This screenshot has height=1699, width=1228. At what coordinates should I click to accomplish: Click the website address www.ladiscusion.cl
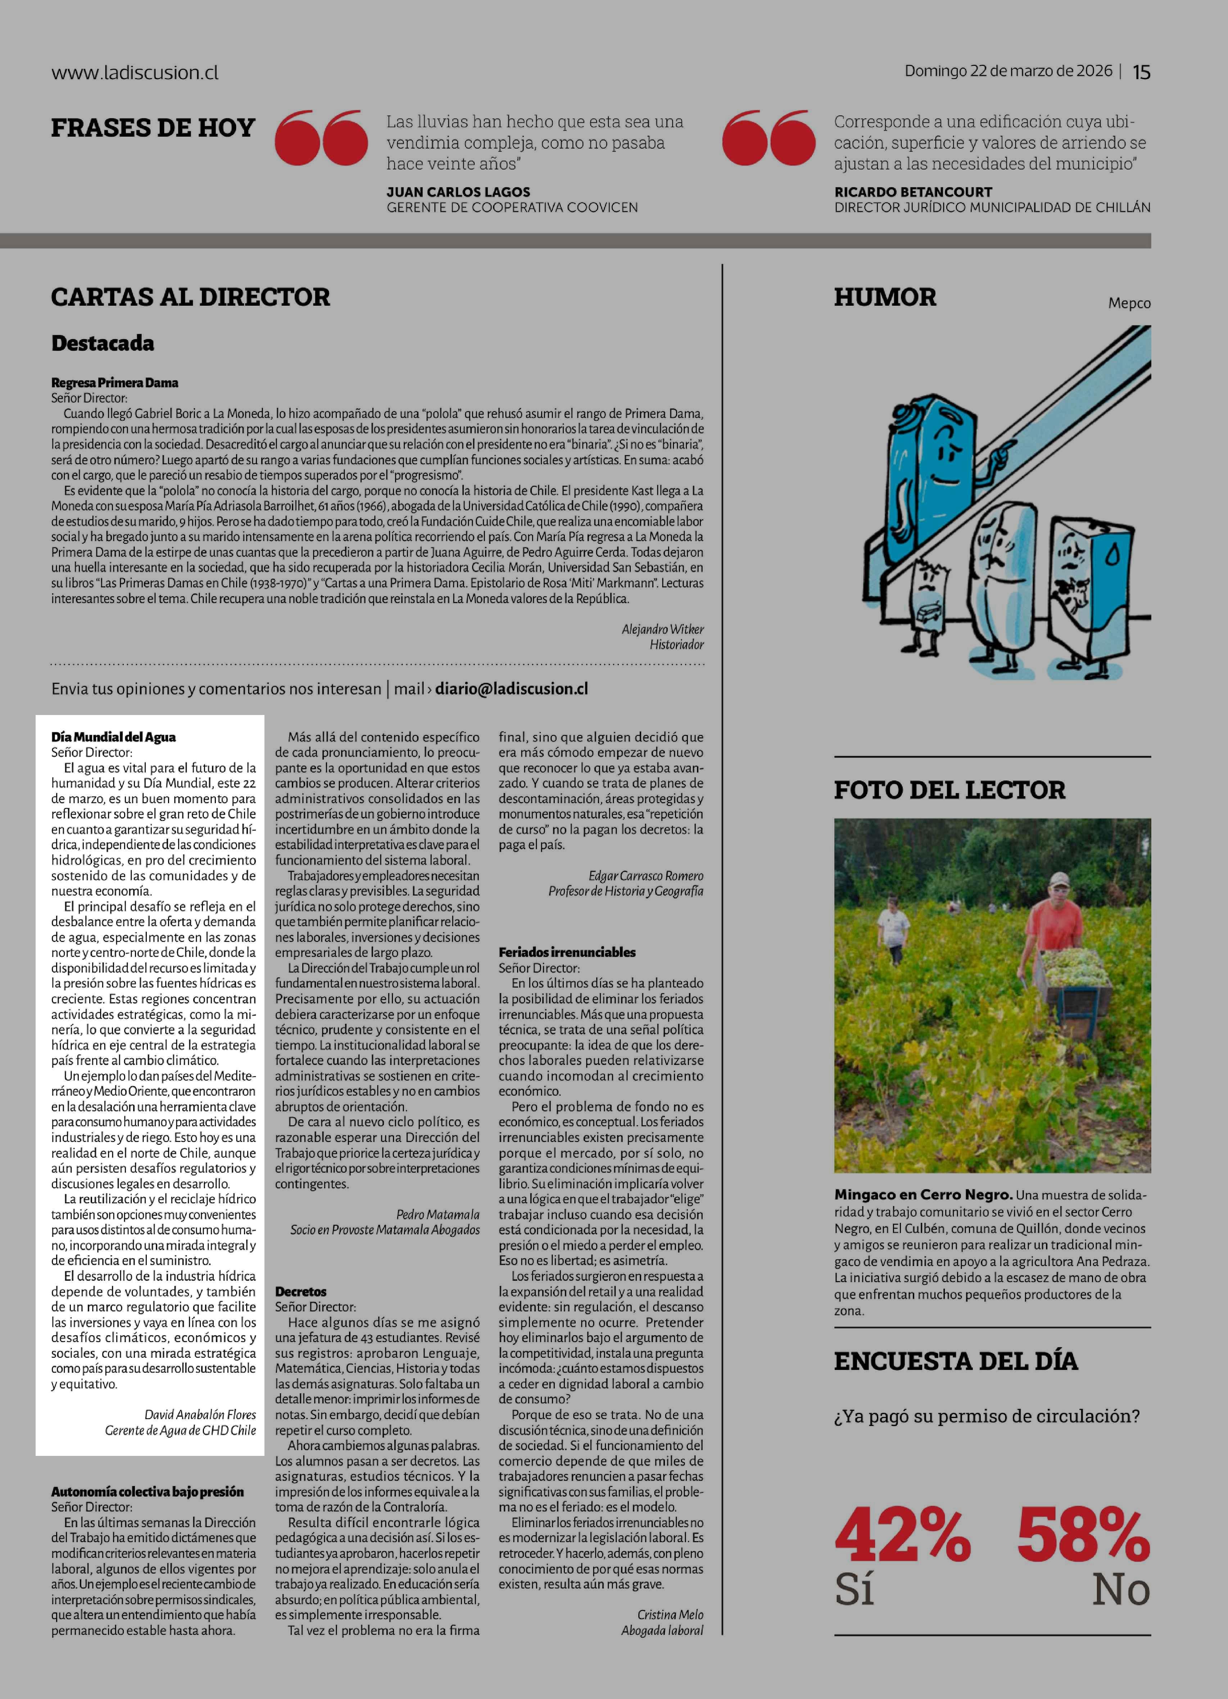tap(135, 73)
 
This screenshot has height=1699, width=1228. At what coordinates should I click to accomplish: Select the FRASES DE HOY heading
tap(153, 128)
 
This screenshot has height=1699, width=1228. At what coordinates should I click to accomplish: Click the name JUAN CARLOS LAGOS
tap(458, 192)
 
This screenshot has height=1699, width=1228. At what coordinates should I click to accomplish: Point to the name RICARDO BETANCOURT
tap(912, 192)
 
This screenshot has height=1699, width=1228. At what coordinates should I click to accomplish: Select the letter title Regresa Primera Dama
tap(115, 383)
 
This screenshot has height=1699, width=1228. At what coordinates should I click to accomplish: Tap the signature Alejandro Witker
tap(662, 629)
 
